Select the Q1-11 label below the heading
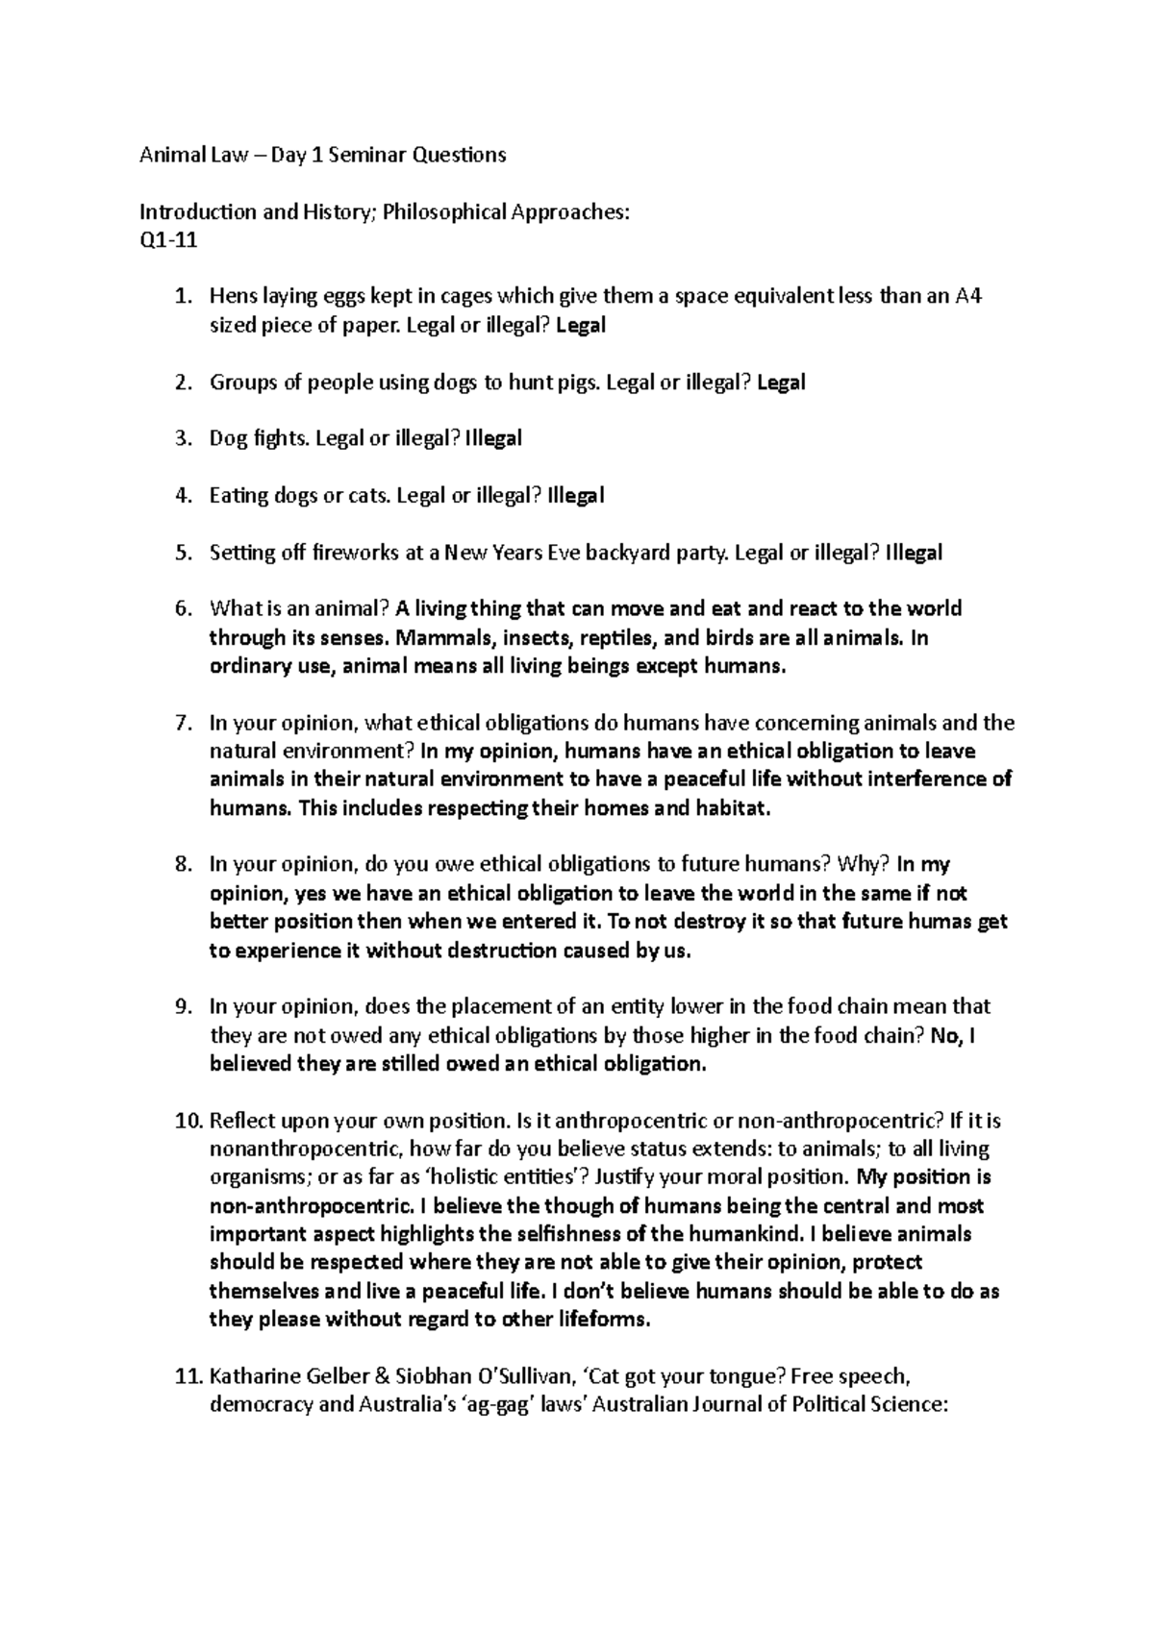point(168,240)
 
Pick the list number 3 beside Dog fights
point(183,439)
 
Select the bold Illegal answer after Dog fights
point(493,439)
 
